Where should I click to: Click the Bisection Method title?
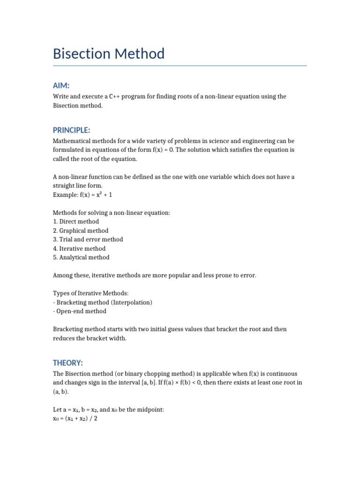click(109, 54)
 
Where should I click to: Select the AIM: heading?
click(61, 85)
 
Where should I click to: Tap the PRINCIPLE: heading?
click(71, 130)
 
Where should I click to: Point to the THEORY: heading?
click(68, 363)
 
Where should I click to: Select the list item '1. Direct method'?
click(76, 222)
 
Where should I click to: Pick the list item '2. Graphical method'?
click(81, 231)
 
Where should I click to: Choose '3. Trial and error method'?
click(88, 240)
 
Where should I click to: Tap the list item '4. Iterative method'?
click(79, 248)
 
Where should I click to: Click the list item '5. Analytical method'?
click(81, 257)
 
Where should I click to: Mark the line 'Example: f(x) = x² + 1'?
click(82, 195)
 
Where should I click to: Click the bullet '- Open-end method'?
click(80, 311)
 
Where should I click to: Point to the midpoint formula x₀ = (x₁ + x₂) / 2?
click(75, 418)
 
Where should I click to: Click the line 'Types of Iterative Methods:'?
click(90, 293)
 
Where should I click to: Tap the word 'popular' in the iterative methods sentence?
click(175, 276)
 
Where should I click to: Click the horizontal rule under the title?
click(180, 66)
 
